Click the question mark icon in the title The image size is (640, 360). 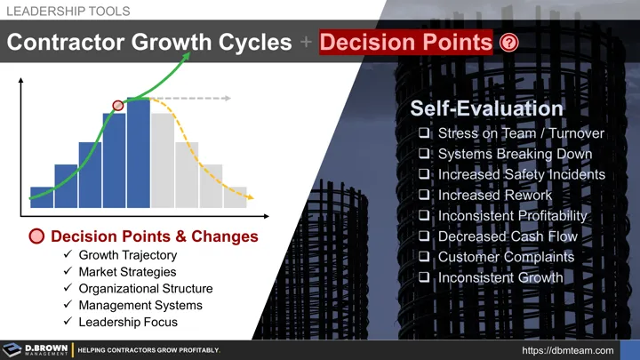pos(509,44)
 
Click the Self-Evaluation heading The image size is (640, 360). pos(486,108)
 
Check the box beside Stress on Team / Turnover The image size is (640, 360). pos(424,134)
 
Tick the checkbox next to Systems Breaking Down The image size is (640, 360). pos(424,155)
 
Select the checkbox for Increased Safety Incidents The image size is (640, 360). pos(424,175)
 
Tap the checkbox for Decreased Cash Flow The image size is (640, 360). pos(424,236)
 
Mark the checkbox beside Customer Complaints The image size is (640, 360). pos(424,257)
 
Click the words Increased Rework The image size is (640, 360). pos(494,196)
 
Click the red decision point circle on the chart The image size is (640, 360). pos(117,106)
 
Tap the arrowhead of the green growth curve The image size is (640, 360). pos(188,55)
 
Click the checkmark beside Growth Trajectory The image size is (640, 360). pos(68,256)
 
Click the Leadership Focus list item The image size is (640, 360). pos(128,322)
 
